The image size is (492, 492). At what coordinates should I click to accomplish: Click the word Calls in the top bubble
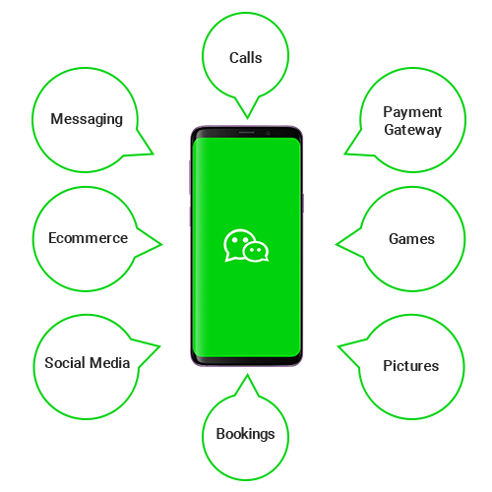tap(245, 58)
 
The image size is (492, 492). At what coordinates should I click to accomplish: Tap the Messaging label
tap(87, 119)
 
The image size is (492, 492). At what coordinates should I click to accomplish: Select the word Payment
tap(412, 112)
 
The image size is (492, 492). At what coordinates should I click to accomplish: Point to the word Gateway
tap(412, 130)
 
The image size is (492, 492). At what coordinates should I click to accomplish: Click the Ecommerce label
tap(88, 238)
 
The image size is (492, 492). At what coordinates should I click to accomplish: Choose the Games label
tap(411, 239)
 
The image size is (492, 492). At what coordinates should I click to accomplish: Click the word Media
tap(110, 363)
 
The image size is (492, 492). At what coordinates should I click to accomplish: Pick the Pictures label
tap(411, 366)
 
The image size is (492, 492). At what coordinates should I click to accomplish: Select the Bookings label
tap(245, 434)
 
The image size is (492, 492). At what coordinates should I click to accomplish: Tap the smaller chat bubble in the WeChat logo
tap(256, 252)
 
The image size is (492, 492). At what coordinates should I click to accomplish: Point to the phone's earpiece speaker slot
tap(247, 132)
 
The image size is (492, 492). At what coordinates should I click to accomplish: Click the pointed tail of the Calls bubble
tap(247, 118)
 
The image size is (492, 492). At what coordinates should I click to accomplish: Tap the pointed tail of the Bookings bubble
tap(247, 375)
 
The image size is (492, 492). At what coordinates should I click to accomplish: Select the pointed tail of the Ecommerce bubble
tap(161, 244)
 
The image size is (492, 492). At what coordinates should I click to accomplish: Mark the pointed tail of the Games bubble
tap(337, 244)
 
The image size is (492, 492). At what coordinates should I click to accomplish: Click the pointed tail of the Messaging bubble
tap(153, 154)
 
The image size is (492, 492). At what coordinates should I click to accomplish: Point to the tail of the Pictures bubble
tap(338, 346)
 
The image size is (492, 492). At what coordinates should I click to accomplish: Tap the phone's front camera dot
tap(268, 133)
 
